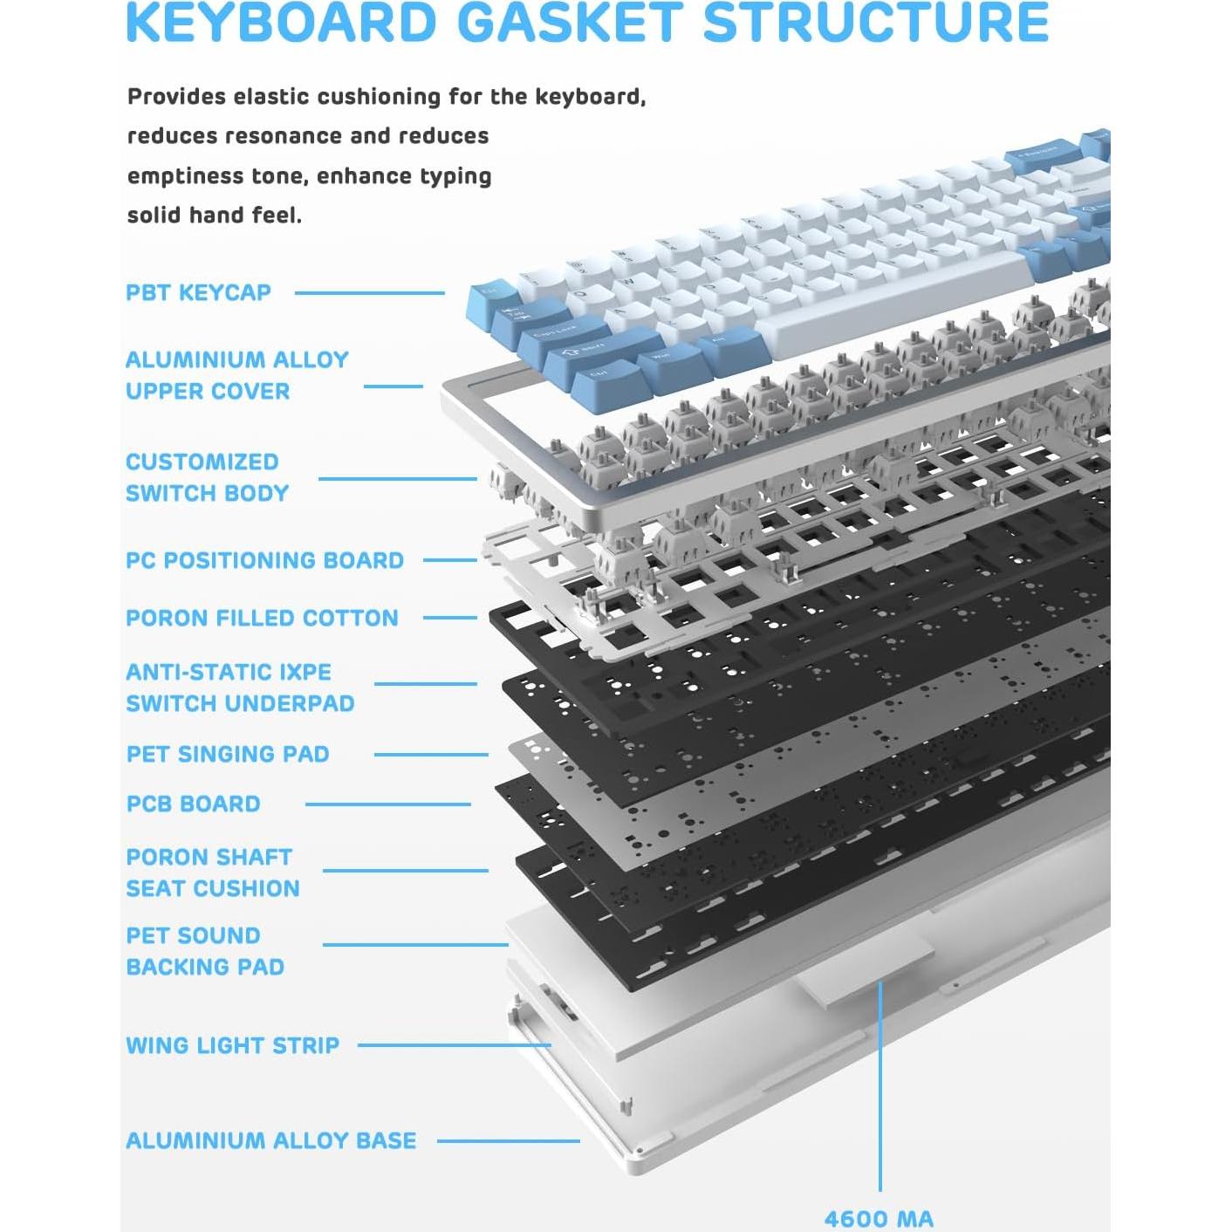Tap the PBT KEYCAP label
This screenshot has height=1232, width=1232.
click(x=198, y=292)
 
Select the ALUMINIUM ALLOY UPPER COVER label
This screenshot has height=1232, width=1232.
click(x=236, y=375)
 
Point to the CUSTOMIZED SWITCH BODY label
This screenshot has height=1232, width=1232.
click(x=207, y=477)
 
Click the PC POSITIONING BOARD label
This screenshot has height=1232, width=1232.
click(x=264, y=560)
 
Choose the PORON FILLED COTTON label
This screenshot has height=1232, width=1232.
click(x=262, y=618)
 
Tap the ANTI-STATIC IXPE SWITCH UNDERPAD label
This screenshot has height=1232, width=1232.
click(x=240, y=688)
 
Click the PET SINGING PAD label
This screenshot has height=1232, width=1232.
click(x=228, y=754)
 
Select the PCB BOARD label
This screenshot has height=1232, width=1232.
click(x=194, y=804)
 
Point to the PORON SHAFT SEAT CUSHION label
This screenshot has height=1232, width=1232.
click(x=212, y=873)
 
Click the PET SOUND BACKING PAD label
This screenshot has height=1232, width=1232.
click(x=205, y=951)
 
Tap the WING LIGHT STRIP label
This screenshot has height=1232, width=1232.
click(x=232, y=1045)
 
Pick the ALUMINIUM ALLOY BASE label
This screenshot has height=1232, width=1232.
click(x=270, y=1140)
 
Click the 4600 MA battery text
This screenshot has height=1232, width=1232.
click(x=879, y=1219)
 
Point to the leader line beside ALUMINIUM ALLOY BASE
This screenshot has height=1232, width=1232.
click(x=508, y=1140)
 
